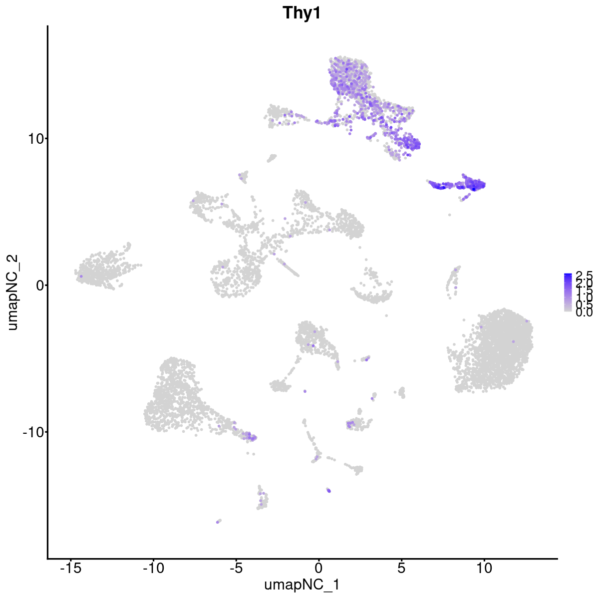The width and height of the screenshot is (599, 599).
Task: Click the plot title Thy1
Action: pos(301,13)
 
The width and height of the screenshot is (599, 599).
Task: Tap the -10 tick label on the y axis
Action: pos(33,432)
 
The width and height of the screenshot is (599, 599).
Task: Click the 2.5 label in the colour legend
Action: pos(584,276)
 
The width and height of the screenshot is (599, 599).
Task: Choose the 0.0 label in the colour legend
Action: pos(584,313)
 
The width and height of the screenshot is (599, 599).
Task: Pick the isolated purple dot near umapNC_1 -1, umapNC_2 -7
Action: pos(305,391)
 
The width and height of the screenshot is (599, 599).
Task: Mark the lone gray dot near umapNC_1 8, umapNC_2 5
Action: pos(450,215)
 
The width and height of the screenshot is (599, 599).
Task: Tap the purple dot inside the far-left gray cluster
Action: pos(81,276)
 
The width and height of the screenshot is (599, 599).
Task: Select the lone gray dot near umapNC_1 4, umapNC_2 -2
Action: pos(386,315)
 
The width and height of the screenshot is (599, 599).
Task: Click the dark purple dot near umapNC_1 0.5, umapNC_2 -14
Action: pos(329,491)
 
